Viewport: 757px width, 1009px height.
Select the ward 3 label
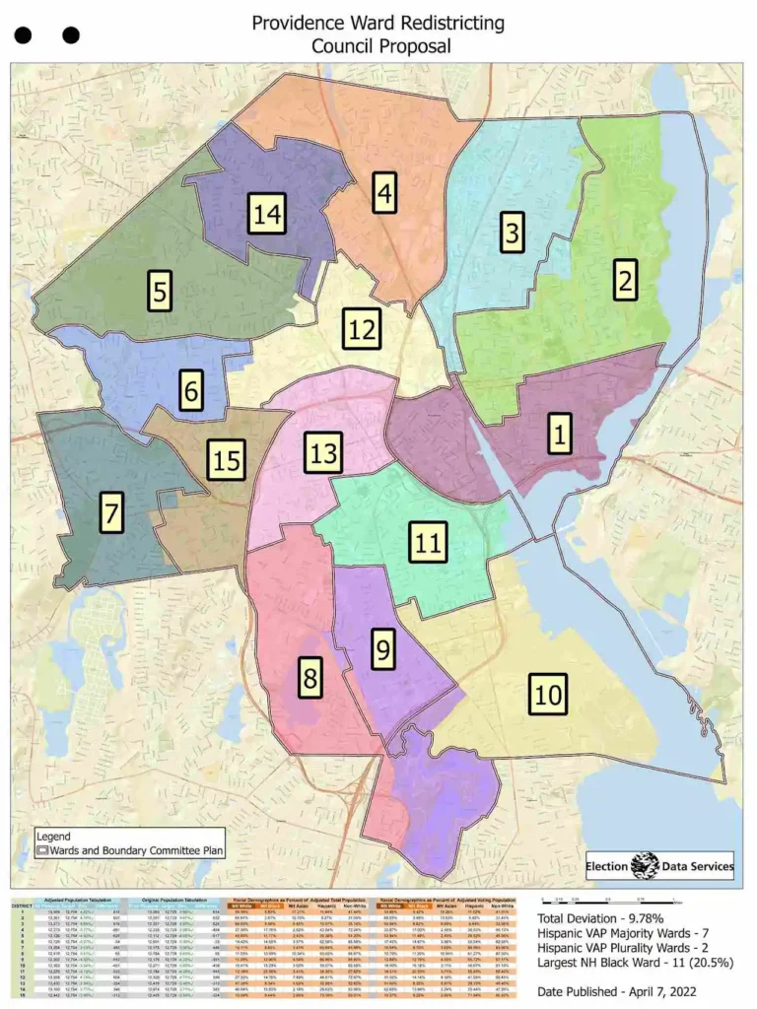coord(511,234)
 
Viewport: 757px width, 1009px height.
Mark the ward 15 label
coord(226,459)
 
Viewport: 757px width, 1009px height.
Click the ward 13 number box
coord(322,453)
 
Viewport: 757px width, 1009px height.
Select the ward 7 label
coord(111,513)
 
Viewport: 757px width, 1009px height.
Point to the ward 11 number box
coord(428,542)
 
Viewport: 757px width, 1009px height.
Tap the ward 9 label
coord(382,649)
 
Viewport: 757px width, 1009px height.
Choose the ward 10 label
coord(549,694)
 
